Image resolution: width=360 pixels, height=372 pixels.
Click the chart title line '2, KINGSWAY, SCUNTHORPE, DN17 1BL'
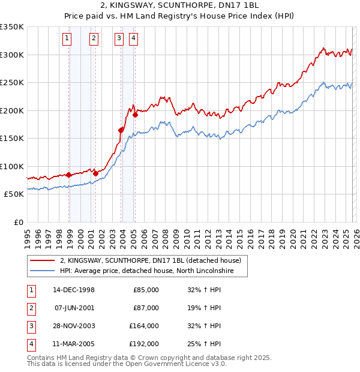180,6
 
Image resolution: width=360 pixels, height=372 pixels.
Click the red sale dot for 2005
135,115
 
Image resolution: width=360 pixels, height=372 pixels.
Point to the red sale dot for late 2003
121,130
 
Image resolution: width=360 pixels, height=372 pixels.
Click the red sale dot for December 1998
69,175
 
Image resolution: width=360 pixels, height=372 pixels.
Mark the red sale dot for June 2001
95,173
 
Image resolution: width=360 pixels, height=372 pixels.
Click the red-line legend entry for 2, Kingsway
150,260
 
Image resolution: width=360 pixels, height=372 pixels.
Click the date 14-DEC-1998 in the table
74,290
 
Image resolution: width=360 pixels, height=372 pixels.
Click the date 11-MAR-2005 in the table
74,344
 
